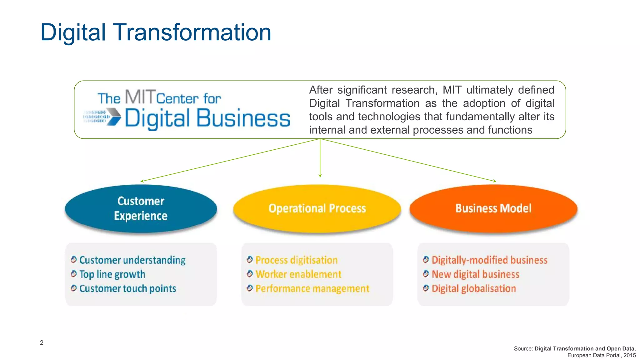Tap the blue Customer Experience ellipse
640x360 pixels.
pyautogui.click(x=141, y=208)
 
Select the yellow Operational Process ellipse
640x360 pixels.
pyautogui.click(x=317, y=208)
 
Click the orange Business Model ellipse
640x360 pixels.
pyautogui.click(x=493, y=208)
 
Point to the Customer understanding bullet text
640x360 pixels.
pyautogui.click(x=132, y=260)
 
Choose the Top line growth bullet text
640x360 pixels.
pyautogui.click(x=112, y=274)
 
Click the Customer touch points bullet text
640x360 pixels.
pyautogui.click(x=127, y=288)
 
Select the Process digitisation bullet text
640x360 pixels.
pyautogui.click(x=296, y=260)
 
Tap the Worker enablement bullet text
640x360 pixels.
pyautogui.click(x=298, y=274)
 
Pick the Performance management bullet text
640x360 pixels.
pyautogui.click(x=312, y=288)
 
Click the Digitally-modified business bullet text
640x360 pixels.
pyautogui.click(x=489, y=260)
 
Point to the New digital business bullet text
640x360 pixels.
pyautogui.click(x=475, y=274)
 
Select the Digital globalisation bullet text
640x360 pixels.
pyautogui.click(x=473, y=288)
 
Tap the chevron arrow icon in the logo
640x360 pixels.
pyautogui.click(x=113, y=117)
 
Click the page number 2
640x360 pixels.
pyautogui.click(x=42, y=342)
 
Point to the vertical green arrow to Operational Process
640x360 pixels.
pyautogui.click(x=320, y=158)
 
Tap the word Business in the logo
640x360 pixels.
pyautogui.click(x=243, y=118)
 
